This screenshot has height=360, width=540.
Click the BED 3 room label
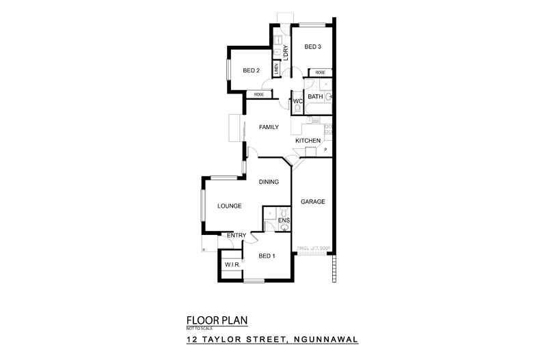click(x=312, y=47)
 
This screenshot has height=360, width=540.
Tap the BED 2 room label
click(x=251, y=70)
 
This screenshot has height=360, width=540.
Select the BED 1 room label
click(x=267, y=256)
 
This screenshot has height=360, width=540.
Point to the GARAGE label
click(x=312, y=202)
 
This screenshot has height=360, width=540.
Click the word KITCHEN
click(x=308, y=141)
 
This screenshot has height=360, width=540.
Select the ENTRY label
click(x=237, y=236)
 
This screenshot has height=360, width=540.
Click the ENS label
click(x=284, y=220)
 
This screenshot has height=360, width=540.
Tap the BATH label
click(x=314, y=97)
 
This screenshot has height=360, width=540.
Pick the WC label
click(x=297, y=102)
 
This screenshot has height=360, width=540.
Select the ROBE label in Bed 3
click(x=319, y=72)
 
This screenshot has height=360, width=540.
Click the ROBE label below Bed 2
click(x=259, y=94)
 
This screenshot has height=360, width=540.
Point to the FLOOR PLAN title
click(x=217, y=320)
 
